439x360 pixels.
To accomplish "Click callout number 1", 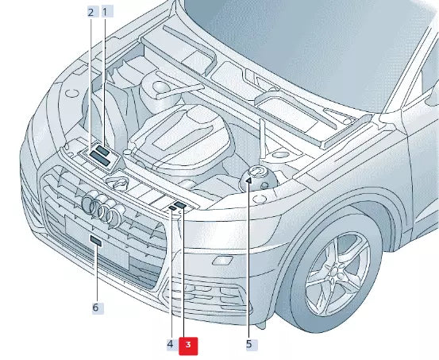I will [106, 12].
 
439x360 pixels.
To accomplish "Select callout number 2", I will [91, 12].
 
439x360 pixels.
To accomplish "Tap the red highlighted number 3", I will [189, 345].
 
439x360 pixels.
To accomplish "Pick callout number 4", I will [170, 345].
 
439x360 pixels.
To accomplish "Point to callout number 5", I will [248, 345].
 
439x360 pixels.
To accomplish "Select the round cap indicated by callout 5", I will [258, 175].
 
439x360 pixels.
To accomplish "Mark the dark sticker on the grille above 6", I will [95, 240].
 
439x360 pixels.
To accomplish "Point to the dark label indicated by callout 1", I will [102, 150].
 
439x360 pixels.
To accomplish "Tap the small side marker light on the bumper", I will [224, 260].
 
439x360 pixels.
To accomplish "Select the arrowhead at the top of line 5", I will [248, 181].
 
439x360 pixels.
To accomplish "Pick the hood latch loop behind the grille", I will [120, 183].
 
